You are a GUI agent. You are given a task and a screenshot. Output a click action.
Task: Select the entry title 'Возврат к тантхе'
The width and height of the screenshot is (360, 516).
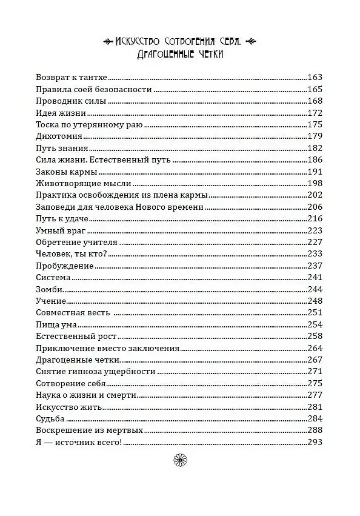tap(75, 78)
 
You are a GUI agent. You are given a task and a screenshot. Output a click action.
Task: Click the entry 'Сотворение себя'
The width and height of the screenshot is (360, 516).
tap(71, 383)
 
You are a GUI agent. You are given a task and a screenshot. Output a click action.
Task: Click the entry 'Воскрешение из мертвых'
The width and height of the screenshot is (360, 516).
tap(89, 431)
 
